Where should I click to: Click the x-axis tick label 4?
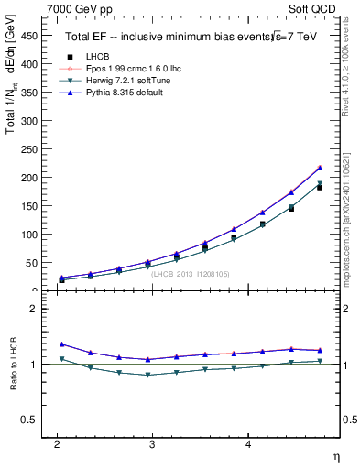coord(248,442)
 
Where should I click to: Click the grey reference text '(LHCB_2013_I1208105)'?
coord(191,273)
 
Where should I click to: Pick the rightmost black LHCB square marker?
coord(320,187)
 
